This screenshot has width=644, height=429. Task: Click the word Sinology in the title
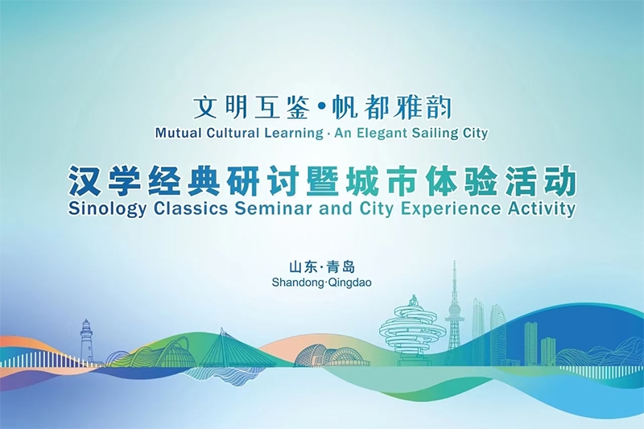click(107, 209)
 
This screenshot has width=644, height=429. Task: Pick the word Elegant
click(384, 134)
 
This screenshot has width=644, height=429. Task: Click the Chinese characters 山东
click(303, 267)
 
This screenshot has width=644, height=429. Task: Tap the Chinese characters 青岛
click(341, 267)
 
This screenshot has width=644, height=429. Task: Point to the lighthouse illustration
click(86, 341)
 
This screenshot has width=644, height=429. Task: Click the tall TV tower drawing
click(454, 312)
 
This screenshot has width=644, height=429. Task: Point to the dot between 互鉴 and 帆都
click(321, 108)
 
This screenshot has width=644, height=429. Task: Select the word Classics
click(191, 208)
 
